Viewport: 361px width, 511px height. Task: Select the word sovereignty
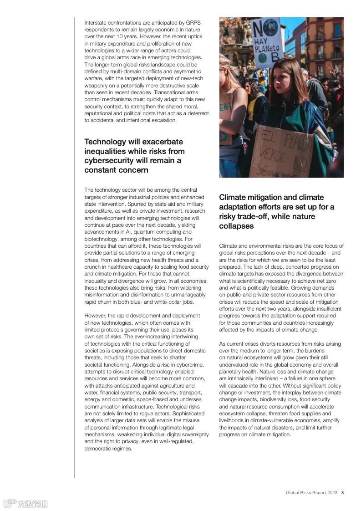point(193,434)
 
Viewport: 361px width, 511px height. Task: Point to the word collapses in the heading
point(236,226)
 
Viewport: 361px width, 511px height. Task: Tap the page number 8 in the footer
point(342,493)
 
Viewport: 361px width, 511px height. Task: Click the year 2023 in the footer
point(333,493)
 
